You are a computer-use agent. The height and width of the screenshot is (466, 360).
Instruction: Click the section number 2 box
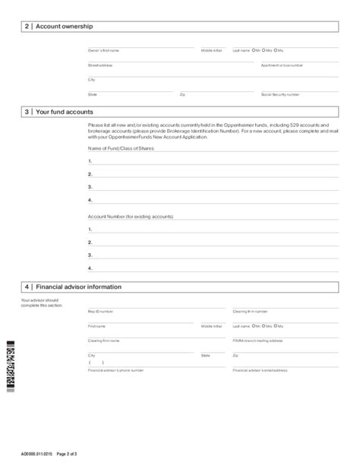click(27, 27)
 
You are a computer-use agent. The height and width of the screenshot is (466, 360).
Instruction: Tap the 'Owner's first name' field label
click(103, 51)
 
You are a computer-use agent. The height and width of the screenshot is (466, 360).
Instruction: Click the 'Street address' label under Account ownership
click(100, 65)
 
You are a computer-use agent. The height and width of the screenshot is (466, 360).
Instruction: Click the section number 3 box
click(27, 111)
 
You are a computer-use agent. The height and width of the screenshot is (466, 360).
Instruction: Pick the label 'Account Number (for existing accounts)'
click(130, 216)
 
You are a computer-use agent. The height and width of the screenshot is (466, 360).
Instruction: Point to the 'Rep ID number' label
click(100, 312)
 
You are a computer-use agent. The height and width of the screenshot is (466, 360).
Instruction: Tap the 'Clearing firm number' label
click(250, 312)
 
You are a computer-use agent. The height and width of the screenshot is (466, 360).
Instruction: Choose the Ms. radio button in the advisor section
click(276, 325)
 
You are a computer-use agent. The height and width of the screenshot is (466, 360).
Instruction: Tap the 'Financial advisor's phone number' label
click(115, 370)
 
